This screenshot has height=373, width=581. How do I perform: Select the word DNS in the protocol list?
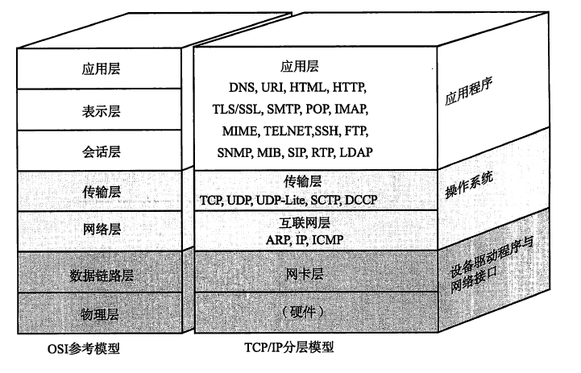click(x=243, y=86)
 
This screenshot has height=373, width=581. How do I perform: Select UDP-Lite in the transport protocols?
click(x=292, y=197)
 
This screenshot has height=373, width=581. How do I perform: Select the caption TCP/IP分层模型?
click(x=288, y=348)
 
